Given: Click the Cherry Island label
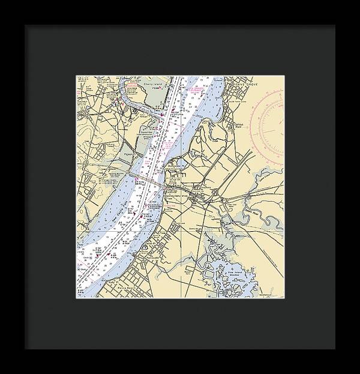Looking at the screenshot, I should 140,85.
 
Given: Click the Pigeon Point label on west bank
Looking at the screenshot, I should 127,153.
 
